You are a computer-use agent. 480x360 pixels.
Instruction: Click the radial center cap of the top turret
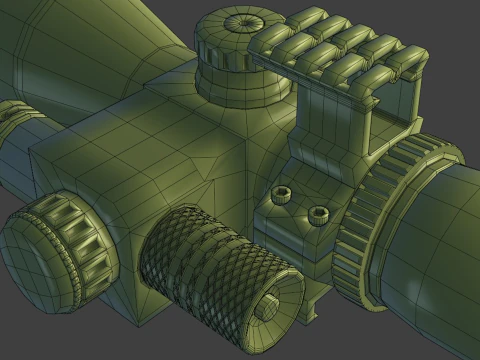point(241,23)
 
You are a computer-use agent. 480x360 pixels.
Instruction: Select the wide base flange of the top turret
point(240,92)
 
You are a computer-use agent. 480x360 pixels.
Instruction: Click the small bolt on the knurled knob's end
point(268,310)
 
